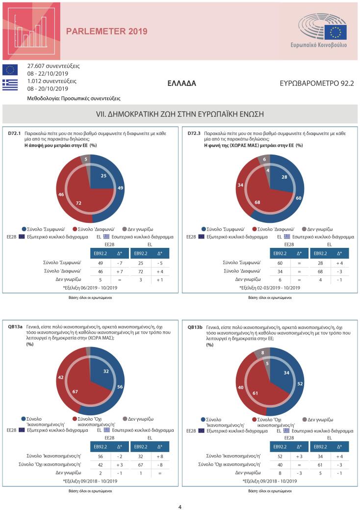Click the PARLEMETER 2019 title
pos(106,31)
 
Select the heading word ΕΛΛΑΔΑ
pos(181,83)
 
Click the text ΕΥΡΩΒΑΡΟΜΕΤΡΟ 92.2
pos(316,83)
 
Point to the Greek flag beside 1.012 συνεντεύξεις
pos(10,84)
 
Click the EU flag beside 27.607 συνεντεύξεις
pos(10,70)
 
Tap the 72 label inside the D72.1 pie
pos(78,203)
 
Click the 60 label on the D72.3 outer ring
pos(298,198)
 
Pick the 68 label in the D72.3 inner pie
pos(258,203)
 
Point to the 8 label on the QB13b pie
pos(263,352)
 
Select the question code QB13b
pos(195,326)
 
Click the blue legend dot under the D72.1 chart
pos(25,229)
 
